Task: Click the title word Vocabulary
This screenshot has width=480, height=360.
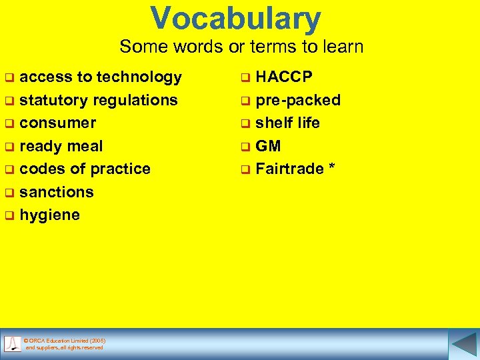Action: (x=235, y=19)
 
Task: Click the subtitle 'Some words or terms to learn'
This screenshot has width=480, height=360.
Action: (x=241, y=47)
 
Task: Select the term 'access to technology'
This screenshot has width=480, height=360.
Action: (x=101, y=77)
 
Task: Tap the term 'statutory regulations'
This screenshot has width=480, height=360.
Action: (x=99, y=100)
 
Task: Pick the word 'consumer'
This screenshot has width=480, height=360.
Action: (x=58, y=123)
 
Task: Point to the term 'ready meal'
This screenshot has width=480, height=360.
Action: (x=61, y=146)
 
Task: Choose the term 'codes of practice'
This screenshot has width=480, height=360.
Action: (x=85, y=169)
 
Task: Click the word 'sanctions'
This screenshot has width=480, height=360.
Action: (x=57, y=192)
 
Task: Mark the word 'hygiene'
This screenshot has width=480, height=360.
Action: (x=50, y=215)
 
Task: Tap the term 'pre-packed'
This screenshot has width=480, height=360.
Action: (x=298, y=100)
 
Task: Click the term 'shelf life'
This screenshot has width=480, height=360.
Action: (x=288, y=123)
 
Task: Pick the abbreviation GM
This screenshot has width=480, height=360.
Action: (x=269, y=146)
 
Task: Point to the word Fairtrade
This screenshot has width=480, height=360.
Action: (x=289, y=169)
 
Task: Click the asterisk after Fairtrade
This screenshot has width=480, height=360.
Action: (x=331, y=167)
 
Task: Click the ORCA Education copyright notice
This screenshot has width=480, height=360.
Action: (x=64, y=344)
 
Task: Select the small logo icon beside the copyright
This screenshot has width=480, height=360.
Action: (x=13, y=344)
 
